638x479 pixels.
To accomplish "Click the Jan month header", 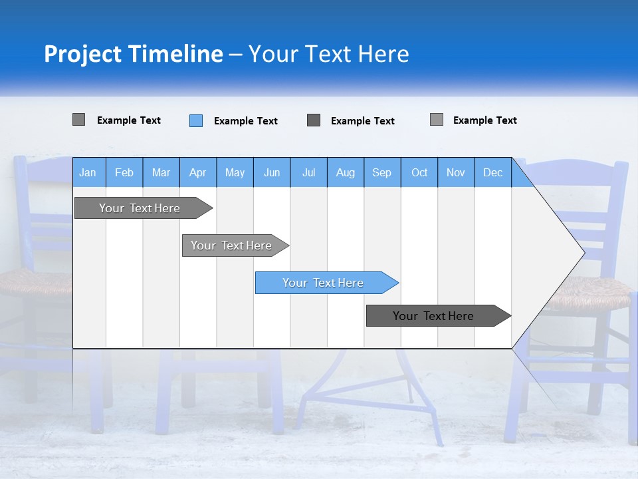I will click(x=88, y=173).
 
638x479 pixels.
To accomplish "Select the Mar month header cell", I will click(x=161, y=173).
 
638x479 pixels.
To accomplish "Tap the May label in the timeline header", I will click(x=235, y=173).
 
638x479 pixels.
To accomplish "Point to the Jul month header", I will click(x=308, y=173).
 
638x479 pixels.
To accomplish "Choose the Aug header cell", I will click(x=346, y=173).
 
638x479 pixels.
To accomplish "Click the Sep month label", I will click(x=382, y=173).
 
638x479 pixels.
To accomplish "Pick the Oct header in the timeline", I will click(x=419, y=173).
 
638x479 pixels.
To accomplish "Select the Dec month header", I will click(x=492, y=173).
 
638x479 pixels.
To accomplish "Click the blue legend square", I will click(x=196, y=120).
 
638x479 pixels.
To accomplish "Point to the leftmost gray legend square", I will click(x=78, y=120).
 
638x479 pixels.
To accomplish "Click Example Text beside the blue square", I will click(x=245, y=121).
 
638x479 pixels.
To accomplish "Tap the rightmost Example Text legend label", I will click(x=484, y=120).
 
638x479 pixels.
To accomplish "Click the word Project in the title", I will click(x=82, y=54).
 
